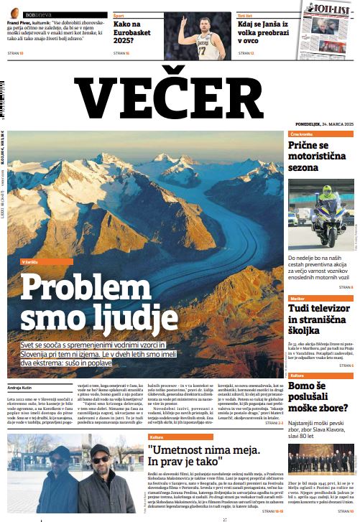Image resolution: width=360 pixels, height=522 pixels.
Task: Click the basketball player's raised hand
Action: coord(182,24)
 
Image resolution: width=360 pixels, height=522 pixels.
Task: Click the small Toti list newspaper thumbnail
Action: coord(329,29)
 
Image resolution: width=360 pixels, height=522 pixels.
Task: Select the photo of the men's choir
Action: coord(321,459)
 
